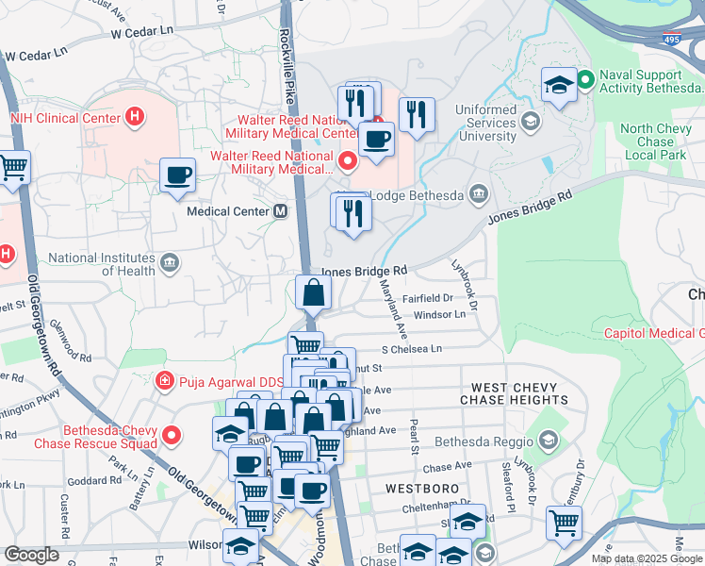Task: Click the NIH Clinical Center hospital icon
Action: point(136,118)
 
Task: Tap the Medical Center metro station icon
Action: point(280,211)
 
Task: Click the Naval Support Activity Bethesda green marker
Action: point(584,80)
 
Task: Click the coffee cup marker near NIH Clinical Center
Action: point(177,175)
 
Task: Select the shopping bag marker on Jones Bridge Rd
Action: point(313,292)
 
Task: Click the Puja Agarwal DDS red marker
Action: point(164,381)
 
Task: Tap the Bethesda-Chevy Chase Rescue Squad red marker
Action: point(171,435)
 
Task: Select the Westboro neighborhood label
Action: point(421,489)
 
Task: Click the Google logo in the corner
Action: point(31,555)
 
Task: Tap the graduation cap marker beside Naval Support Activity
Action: point(559,84)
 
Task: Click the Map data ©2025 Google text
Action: point(647,558)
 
